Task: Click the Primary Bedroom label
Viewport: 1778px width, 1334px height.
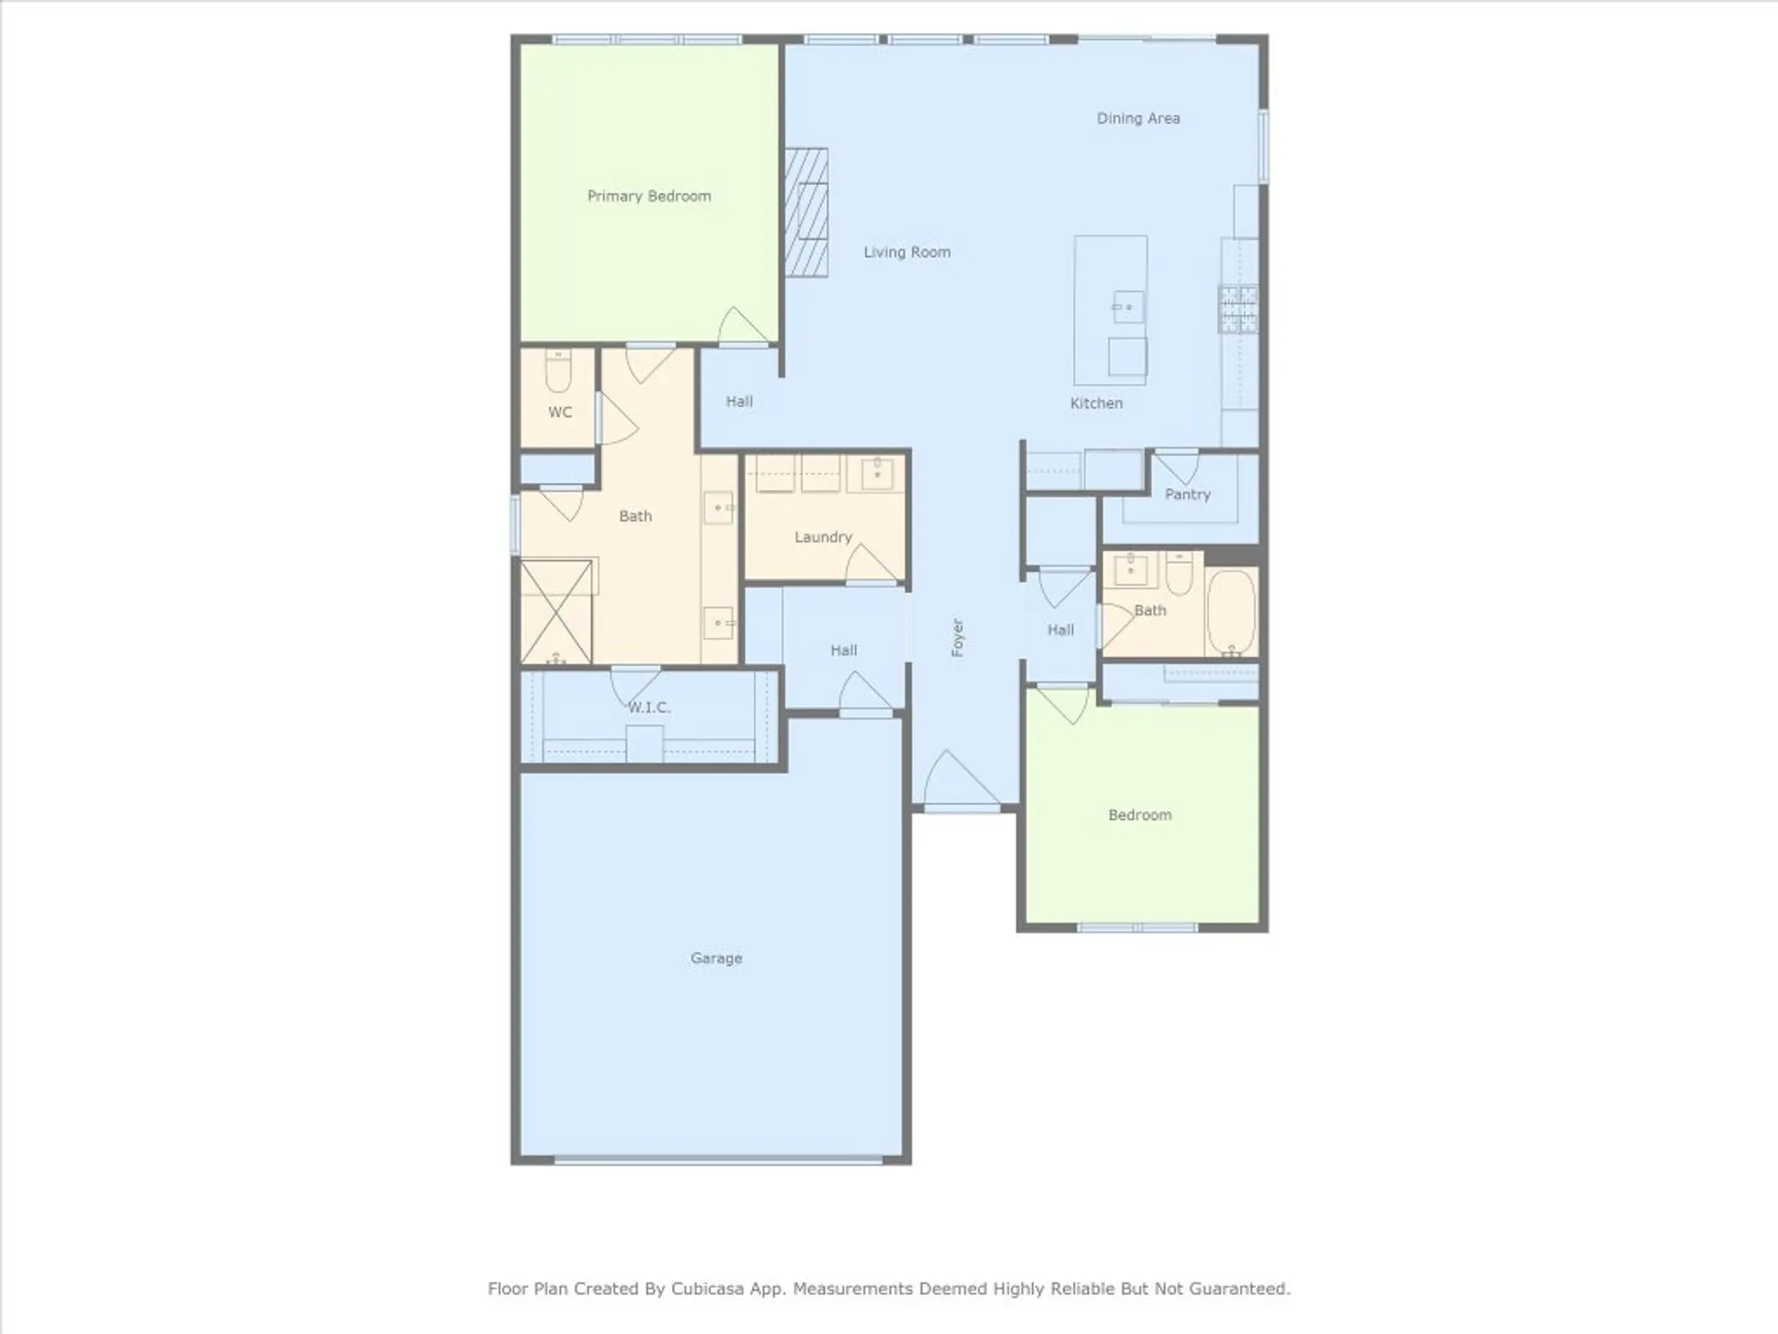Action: [x=649, y=196]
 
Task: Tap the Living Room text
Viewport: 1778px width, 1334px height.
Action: [x=907, y=253]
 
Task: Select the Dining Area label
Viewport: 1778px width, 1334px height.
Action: [x=1138, y=118]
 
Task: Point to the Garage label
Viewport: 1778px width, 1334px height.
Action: [x=716, y=958]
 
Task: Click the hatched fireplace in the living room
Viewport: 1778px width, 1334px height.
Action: [x=806, y=213]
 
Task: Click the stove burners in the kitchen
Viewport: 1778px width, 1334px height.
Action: [x=1237, y=309]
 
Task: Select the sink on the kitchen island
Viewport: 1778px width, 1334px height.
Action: [x=1127, y=308]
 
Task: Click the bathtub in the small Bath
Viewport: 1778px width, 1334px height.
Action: [x=1231, y=612]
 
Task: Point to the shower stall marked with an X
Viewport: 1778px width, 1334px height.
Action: [x=557, y=611]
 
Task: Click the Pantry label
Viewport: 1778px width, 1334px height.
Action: [x=1188, y=494]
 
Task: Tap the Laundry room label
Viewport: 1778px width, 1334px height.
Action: [x=822, y=537]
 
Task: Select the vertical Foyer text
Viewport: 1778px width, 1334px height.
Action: [x=957, y=638]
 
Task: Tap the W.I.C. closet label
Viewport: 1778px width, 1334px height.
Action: [x=649, y=708]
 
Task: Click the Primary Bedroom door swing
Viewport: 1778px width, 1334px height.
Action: [x=741, y=327]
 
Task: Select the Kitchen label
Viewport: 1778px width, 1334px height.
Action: [x=1096, y=403]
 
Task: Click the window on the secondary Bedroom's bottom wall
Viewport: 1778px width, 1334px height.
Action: [x=1137, y=928]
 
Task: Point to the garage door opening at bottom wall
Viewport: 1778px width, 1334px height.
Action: [x=717, y=1160]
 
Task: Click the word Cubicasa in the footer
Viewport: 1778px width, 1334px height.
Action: [x=709, y=1288]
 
